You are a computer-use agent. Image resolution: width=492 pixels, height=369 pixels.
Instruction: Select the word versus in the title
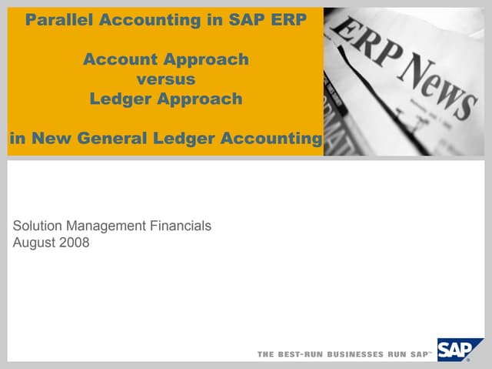(x=166, y=78)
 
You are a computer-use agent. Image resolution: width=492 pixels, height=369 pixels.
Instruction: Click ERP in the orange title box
(x=288, y=20)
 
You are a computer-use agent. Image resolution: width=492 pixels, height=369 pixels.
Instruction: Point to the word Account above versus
(x=121, y=59)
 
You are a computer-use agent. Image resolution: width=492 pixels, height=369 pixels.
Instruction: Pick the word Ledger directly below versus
(x=121, y=98)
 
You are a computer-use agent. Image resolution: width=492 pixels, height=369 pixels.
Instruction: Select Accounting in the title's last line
(x=270, y=138)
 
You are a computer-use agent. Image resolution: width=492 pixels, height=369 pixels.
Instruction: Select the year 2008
(x=75, y=243)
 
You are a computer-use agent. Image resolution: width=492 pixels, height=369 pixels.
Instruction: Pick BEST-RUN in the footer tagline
(x=299, y=354)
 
